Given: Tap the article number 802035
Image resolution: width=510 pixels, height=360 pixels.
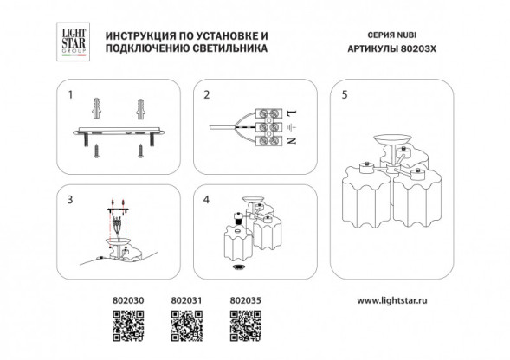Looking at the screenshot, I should click(x=243, y=302).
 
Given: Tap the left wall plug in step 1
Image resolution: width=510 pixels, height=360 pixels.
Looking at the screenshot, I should click(x=97, y=110).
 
